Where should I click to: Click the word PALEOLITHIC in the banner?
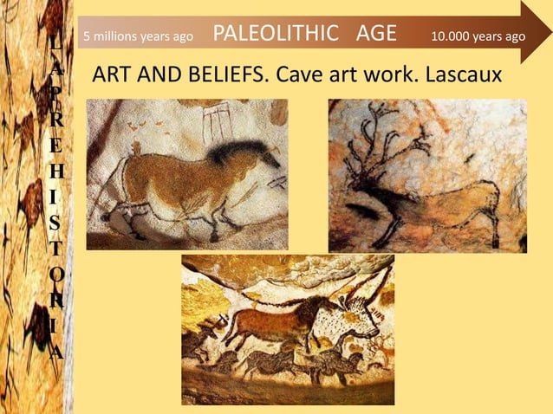(x=276, y=34)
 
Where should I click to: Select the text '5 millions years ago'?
(x=137, y=37)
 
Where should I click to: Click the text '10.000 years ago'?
(x=478, y=36)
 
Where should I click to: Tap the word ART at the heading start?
(x=110, y=75)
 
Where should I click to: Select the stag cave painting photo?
(x=427, y=175)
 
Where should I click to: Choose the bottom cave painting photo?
(x=287, y=329)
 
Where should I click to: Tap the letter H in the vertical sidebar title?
(x=55, y=177)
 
